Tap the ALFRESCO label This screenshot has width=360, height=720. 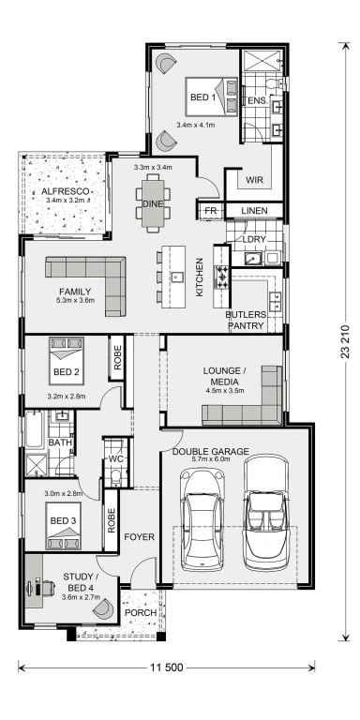[x=66, y=191]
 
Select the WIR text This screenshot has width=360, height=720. [x=255, y=180]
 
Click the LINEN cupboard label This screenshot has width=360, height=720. [x=254, y=211]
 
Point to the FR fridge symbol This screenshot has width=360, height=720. [x=211, y=211]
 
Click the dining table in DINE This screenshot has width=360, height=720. [x=153, y=203]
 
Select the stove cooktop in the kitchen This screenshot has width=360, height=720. [x=223, y=277]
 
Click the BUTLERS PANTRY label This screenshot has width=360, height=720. [x=246, y=320]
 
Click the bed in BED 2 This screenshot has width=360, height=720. [x=67, y=361]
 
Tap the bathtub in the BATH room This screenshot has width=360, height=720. [x=34, y=428]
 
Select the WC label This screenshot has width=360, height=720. [x=114, y=459]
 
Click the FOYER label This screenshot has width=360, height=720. [x=140, y=537]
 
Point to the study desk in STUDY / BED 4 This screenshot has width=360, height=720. [x=34, y=581]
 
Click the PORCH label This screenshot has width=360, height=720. [x=141, y=612]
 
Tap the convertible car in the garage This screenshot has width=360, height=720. [x=266, y=513]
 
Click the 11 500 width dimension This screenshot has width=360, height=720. [x=166, y=667]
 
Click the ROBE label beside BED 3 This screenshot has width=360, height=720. [x=112, y=520]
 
